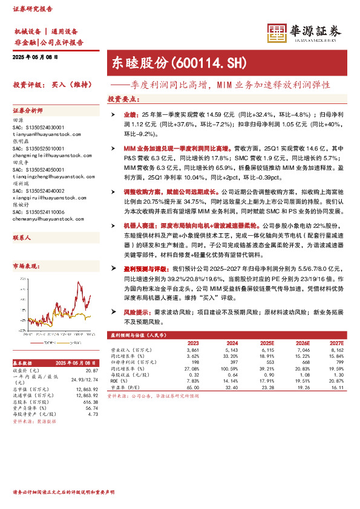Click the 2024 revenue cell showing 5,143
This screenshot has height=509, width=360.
232,350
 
